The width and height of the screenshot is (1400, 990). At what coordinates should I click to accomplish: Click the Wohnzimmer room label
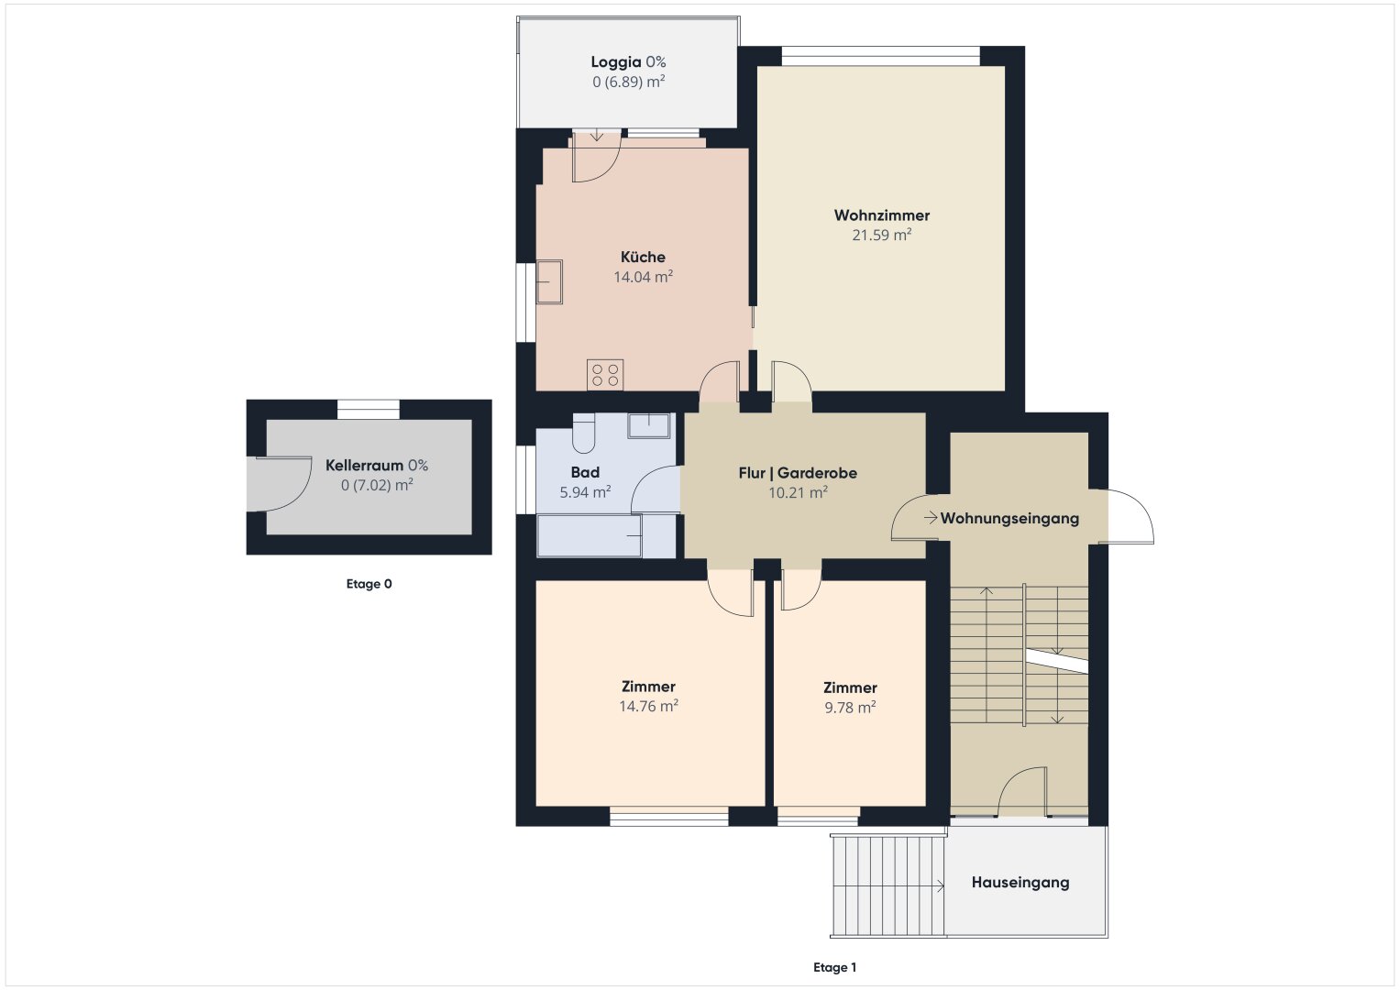coord(881,215)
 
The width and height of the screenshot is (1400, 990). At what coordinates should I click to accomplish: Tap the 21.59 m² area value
coord(881,235)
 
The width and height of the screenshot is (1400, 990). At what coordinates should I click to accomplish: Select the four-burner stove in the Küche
coord(605,375)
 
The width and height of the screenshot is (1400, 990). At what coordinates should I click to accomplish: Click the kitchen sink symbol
coord(549,282)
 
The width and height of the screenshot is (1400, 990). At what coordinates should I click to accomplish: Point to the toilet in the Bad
coord(584,433)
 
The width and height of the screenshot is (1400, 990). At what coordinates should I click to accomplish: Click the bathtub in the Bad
coord(590,535)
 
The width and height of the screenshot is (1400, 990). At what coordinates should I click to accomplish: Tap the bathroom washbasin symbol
coord(649,425)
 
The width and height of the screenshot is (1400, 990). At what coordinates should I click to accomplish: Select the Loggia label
coord(615,62)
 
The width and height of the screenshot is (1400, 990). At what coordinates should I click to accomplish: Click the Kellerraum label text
coord(364,466)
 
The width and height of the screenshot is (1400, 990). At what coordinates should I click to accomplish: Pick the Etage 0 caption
coord(369,584)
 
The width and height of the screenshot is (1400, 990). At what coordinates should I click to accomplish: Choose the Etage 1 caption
coord(834,967)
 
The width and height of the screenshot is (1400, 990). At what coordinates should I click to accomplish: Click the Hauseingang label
coord(1020,883)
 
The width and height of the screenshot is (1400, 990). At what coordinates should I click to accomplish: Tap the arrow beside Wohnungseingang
coord(931,518)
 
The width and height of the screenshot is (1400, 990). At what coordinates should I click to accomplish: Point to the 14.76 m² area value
coord(648,706)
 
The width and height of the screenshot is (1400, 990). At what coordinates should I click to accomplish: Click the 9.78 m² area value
coord(850,708)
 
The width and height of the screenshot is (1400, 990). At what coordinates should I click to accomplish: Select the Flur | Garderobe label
coord(798,473)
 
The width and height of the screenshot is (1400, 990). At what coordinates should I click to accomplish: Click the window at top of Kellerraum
coord(369,410)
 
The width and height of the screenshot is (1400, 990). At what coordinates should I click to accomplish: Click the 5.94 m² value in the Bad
coord(585,492)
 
